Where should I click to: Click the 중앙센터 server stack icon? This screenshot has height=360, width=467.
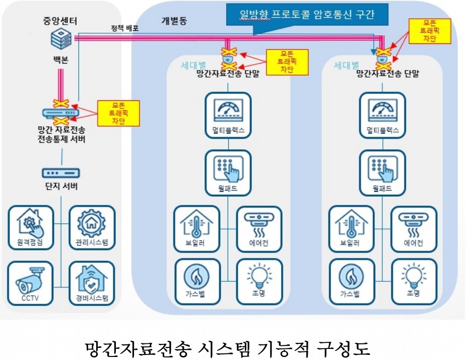click(x=61, y=38)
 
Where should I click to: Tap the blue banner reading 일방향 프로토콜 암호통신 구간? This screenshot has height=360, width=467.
click(x=308, y=15)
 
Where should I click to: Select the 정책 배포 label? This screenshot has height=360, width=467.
click(x=125, y=29)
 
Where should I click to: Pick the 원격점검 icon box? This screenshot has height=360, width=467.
click(x=30, y=228)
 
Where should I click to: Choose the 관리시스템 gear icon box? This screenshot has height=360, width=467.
click(x=91, y=228)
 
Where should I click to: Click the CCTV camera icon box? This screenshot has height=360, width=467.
click(x=30, y=283)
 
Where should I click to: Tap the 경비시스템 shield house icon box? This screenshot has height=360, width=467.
click(x=91, y=283)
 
